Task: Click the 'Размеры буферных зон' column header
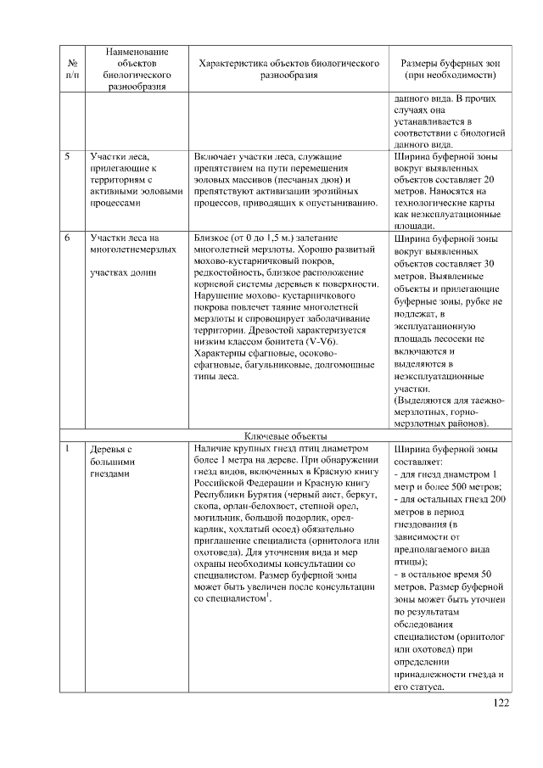coord(451,69)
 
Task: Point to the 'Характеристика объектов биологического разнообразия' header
coord(288,69)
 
